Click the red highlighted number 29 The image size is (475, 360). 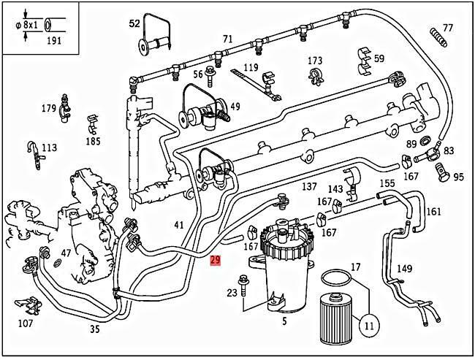click(215, 259)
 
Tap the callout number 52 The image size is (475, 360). click(134, 23)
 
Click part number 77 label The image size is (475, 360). click(448, 28)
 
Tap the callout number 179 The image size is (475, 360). click(49, 109)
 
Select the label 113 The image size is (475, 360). click(48, 148)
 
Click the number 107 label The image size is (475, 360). click(25, 322)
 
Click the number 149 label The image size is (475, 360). click(404, 268)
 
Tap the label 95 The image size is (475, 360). click(458, 177)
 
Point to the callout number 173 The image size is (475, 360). click(315, 60)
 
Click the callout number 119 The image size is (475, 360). click(251, 67)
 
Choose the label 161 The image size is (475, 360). click(433, 212)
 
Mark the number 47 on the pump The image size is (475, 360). click(66, 253)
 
